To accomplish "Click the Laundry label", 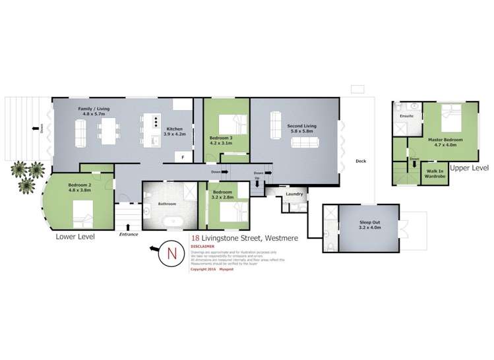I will tap(294, 194).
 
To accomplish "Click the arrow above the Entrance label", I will tap(127, 227).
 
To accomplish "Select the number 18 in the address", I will tap(195, 239).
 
